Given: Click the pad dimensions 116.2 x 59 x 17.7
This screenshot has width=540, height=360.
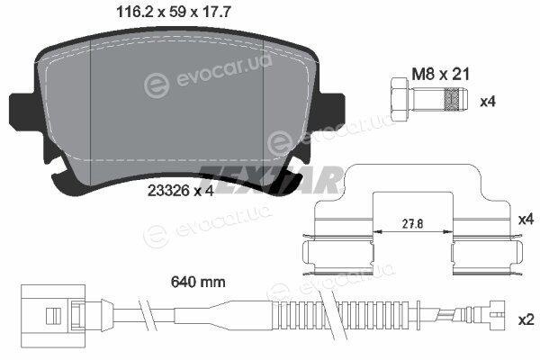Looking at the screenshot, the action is [174, 12].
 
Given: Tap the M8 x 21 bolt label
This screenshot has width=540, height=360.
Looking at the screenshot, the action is [441, 74].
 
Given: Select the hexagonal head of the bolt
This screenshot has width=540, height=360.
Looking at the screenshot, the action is [401, 100].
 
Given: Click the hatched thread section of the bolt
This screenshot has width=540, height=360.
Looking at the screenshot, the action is [452, 100].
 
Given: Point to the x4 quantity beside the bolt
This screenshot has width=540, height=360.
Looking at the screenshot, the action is [488, 102].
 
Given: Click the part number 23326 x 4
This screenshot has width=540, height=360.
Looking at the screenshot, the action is [181, 191].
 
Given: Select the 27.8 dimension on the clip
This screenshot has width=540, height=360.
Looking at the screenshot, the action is [413, 224].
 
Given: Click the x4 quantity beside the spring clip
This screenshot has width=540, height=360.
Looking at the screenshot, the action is [526, 219].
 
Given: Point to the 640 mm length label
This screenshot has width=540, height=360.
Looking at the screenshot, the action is [198, 282].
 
